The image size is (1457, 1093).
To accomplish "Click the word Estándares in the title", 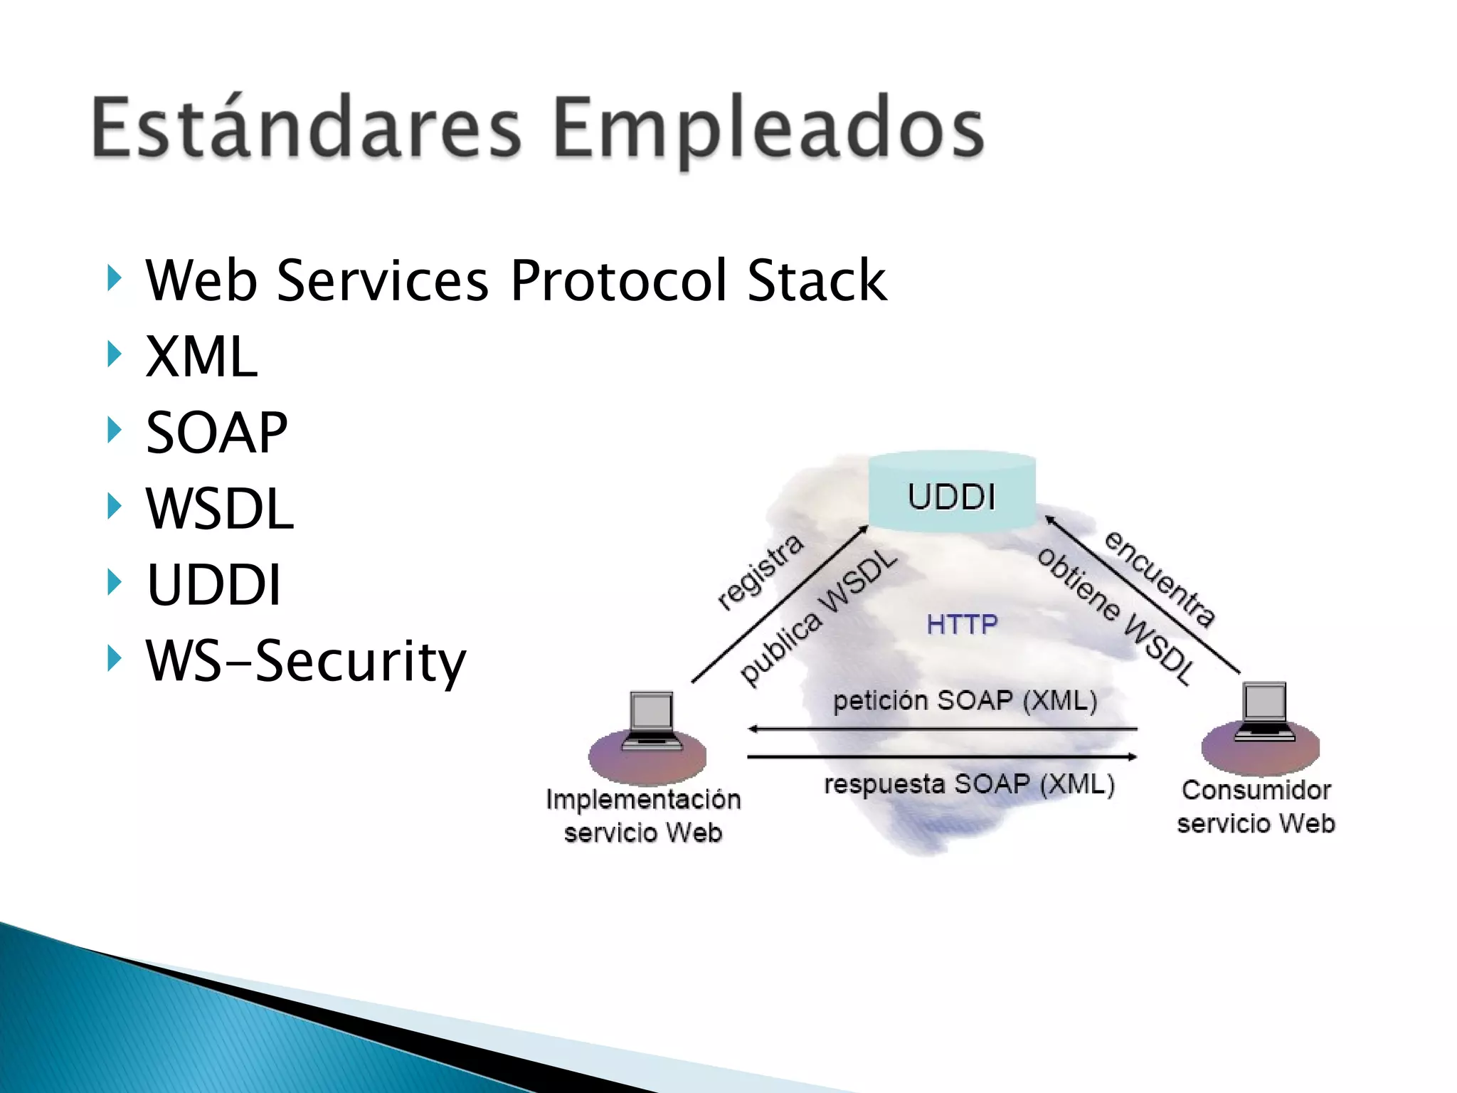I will tap(306, 128).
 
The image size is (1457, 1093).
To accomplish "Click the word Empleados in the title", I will tap(768, 128).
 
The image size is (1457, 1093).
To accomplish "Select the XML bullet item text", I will tap(201, 356).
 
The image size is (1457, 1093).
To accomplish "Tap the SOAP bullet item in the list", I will tap(216, 433).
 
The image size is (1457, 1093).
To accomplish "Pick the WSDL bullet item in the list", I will tap(219, 509).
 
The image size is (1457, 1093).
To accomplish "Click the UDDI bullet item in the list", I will tap(213, 585).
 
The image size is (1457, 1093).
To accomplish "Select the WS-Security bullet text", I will tap(306, 661).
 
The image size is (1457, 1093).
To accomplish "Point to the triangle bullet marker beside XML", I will tap(114, 354).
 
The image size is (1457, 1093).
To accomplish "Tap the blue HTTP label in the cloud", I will tap(962, 624).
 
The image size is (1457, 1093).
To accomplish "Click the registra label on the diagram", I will tap(760, 572).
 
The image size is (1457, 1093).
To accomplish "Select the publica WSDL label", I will tap(818, 618).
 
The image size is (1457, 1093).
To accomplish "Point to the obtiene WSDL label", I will tap(1116, 616).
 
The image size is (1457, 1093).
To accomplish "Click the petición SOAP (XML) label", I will tap(965, 701).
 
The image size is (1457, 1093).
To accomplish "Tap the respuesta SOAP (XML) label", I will tap(969, 784).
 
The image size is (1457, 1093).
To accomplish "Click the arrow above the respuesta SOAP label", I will tap(943, 756).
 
